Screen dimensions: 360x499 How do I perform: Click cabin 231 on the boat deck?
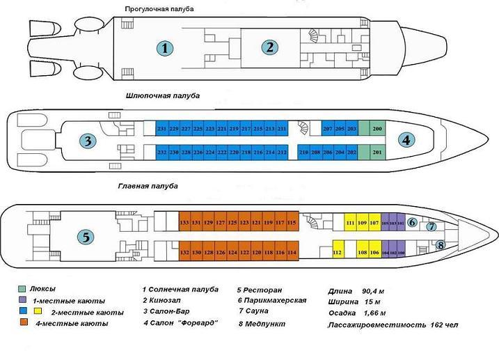pyautogui.click(x=161, y=129)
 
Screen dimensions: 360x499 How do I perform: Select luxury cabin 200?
pyautogui.click(x=377, y=129)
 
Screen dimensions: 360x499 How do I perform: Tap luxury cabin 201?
pyautogui.click(x=377, y=152)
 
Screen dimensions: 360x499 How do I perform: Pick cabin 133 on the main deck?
pyautogui.click(x=184, y=222)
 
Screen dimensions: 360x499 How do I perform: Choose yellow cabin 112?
pyautogui.click(x=338, y=252)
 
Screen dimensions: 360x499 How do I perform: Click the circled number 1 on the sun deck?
pyautogui.click(x=164, y=48)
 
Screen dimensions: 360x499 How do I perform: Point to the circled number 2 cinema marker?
pyautogui.click(x=269, y=47)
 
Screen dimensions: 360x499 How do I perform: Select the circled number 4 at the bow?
pyautogui.click(x=406, y=139)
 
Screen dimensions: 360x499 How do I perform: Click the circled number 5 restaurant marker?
pyautogui.click(x=85, y=237)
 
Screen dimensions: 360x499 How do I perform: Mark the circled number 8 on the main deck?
pyautogui.click(x=440, y=244)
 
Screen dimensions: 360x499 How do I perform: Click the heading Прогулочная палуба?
pyautogui.click(x=159, y=8)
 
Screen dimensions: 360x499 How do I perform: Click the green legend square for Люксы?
pyautogui.click(x=22, y=289)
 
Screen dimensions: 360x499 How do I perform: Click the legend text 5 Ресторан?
pyautogui.click(x=258, y=289)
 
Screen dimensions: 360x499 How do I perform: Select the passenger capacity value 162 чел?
pyautogui.click(x=444, y=325)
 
